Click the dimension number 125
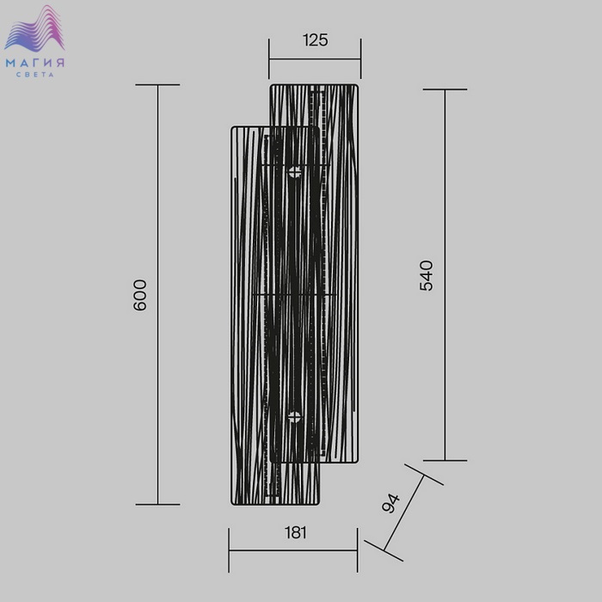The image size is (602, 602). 316,40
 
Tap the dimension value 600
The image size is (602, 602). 139,295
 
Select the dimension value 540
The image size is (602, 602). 427,276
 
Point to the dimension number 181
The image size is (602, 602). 296,532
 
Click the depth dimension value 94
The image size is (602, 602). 390,503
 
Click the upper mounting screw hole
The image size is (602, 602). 295,172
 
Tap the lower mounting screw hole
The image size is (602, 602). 294,417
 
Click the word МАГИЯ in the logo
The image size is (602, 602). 35,63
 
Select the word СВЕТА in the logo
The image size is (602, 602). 35,75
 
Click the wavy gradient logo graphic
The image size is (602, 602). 34,28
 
